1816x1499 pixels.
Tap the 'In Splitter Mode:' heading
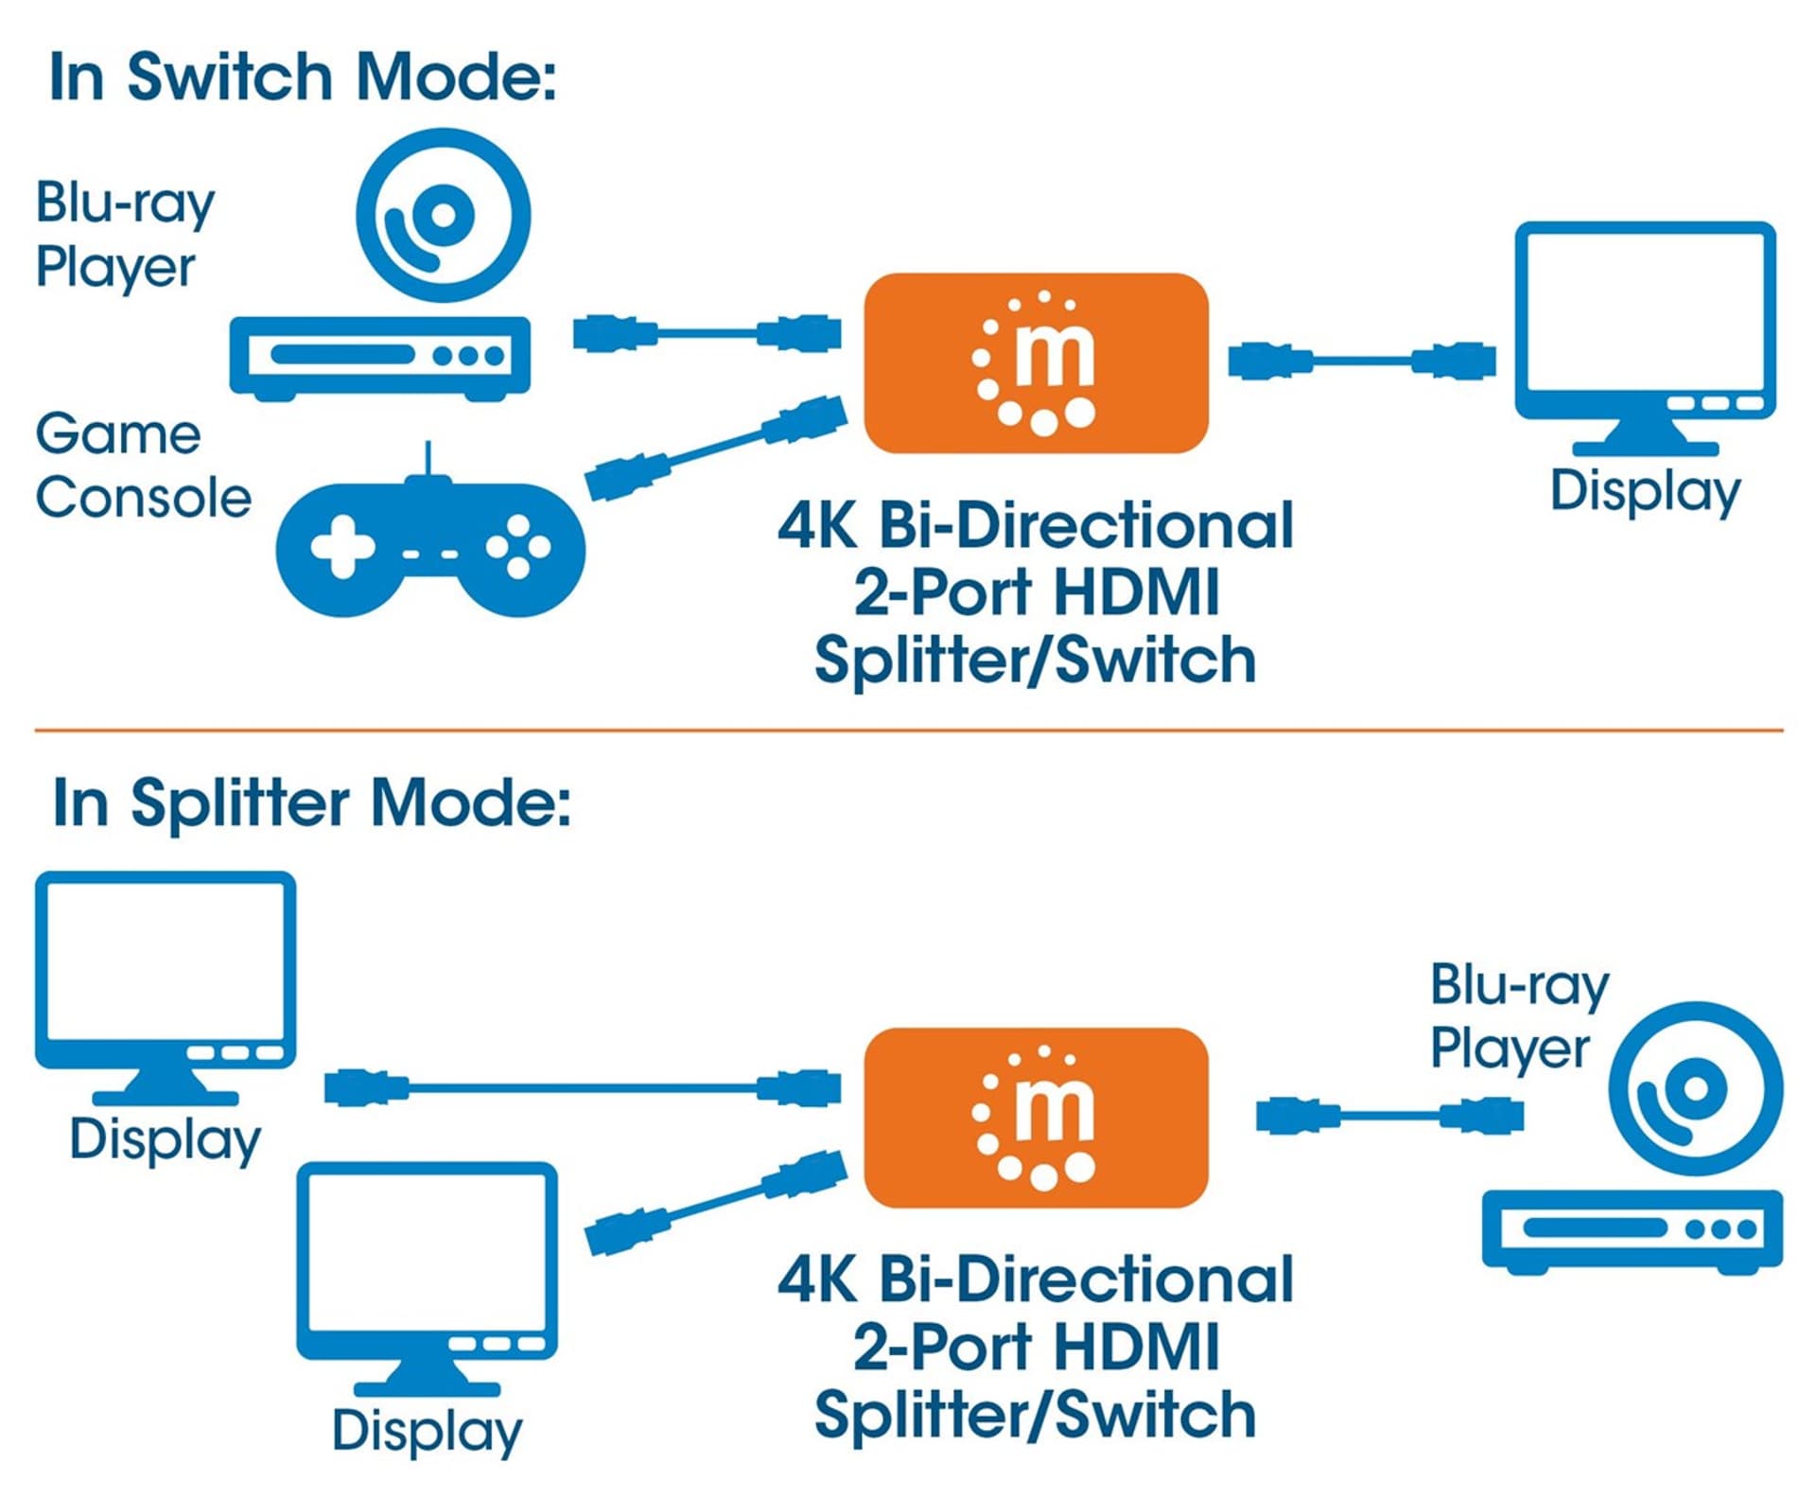pyautogui.click(x=312, y=802)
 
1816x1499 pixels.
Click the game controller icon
pyautogui.click(x=430, y=544)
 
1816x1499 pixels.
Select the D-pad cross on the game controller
pyautogui.click(x=342, y=546)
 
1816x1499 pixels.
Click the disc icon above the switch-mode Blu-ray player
pyautogui.click(x=443, y=216)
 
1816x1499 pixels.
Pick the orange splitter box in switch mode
pyautogui.click(x=1036, y=362)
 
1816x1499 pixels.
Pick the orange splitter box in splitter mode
pyautogui.click(x=1036, y=1117)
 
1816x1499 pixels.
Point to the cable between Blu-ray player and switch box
pyautogui.click(x=707, y=333)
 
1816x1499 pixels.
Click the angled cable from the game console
pyautogui.click(x=716, y=449)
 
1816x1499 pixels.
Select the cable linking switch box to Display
pyautogui.click(x=1362, y=361)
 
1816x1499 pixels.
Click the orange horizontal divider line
pyautogui.click(x=908, y=731)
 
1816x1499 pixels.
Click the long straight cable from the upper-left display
pyautogui.click(x=582, y=1087)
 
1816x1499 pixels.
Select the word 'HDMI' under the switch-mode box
pyautogui.click(x=1135, y=592)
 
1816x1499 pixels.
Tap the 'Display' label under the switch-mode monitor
pyautogui.click(x=1645, y=491)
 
